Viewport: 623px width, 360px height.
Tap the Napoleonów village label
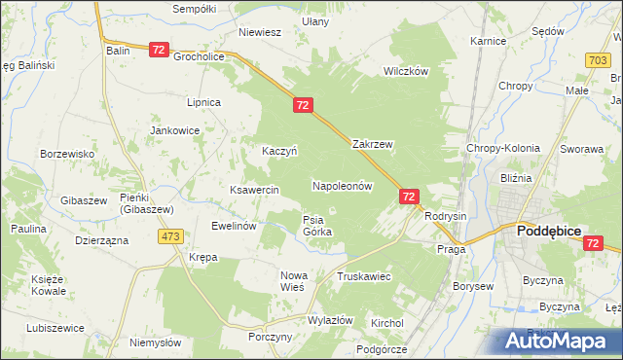click(343, 185)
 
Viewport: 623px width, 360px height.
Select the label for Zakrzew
click(372, 144)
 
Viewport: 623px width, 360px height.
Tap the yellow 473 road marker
click(171, 236)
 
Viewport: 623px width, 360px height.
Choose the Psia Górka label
click(317, 226)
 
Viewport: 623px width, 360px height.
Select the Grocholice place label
click(200, 56)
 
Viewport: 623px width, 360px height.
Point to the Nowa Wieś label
click(293, 281)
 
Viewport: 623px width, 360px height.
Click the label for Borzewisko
click(66, 154)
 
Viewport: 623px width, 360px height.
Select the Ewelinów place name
click(234, 226)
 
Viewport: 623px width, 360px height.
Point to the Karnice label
click(488, 42)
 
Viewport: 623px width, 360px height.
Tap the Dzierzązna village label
click(101, 240)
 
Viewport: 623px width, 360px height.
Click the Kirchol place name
click(386, 322)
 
